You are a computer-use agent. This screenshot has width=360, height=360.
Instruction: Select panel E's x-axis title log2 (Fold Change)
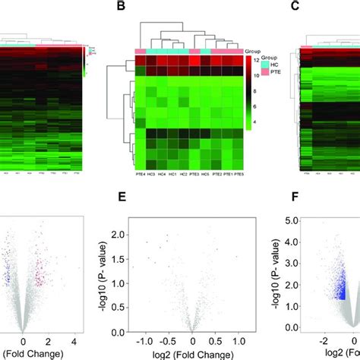pyautogui.click(x=193, y=354)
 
